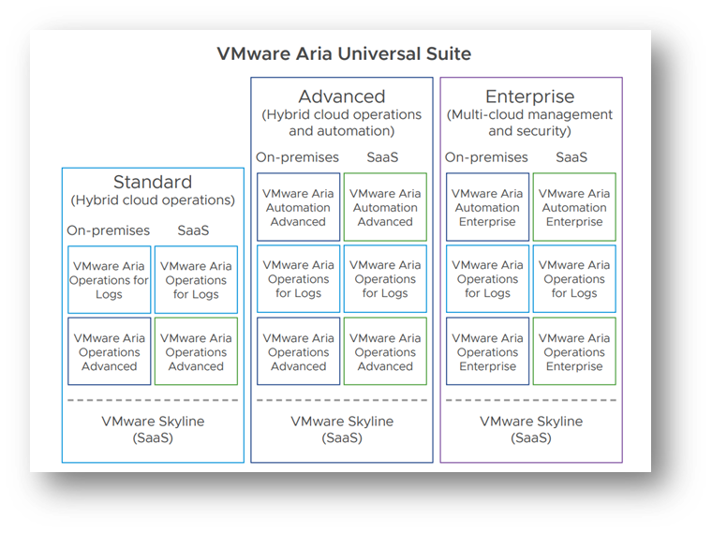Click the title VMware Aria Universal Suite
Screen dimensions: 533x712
(344, 53)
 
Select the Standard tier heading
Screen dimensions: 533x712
(153, 182)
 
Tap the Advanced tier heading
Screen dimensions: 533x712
(341, 96)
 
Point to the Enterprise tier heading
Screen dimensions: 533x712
(529, 96)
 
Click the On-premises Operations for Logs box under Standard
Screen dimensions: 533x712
(109, 279)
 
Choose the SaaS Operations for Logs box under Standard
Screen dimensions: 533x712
(196, 279)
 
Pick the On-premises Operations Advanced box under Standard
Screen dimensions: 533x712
(109, 351)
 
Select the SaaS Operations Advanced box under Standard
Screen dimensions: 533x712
(196, 351)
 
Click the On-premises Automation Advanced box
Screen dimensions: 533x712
(298, 207)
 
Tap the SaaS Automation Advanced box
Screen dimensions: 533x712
(385, 207)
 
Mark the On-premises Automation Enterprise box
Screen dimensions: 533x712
(487, 207)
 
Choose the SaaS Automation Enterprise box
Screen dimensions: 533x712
(574, 207)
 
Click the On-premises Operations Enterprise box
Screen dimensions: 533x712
(487, 351)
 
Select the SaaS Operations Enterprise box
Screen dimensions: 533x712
(574, 351)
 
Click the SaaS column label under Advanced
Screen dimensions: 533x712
(382, 157)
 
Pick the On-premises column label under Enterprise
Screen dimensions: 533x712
(486, 157)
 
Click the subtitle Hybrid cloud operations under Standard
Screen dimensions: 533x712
(153, 200)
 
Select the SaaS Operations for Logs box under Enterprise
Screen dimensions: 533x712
(574, 279)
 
